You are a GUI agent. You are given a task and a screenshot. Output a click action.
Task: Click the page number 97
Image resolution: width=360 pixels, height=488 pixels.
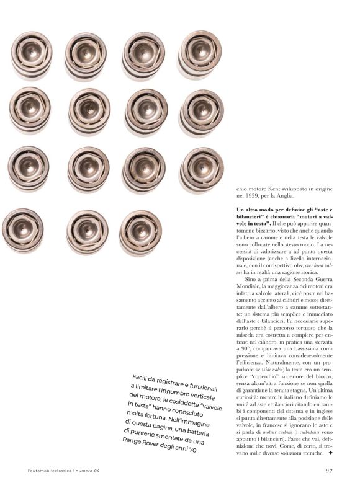pyautogui.click(x=331, y=470)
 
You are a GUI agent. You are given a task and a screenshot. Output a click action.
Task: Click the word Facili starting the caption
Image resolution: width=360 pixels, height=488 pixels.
pyautogui.click(x=144, y=377)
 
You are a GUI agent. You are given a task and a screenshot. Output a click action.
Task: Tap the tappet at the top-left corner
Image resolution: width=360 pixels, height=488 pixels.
pyautogui.click(x=32, y=55)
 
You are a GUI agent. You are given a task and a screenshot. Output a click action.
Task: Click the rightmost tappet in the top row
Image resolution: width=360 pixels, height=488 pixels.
pyautogui.click(x=199, y=54)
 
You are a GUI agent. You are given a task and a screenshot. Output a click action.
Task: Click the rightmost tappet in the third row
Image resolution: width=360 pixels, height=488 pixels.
pyautogui.click(x=200, y=169)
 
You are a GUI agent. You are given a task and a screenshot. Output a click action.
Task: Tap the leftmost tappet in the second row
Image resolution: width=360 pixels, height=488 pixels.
pyautogui.click(x=30, y=110)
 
